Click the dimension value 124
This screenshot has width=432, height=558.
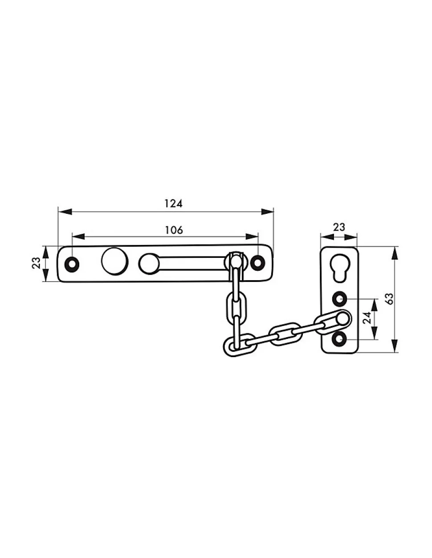pos(173,204)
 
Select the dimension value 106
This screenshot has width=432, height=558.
pos(174,230)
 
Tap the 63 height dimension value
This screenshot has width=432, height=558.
pos(390,298)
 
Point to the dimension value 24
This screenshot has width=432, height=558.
pos(367,318)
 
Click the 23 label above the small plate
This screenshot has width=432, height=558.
pos(339,227)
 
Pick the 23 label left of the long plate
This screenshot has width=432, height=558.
pos(36,263)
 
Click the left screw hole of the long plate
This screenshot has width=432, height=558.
pos(72,264)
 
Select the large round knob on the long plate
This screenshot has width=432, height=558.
pos(114,261)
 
